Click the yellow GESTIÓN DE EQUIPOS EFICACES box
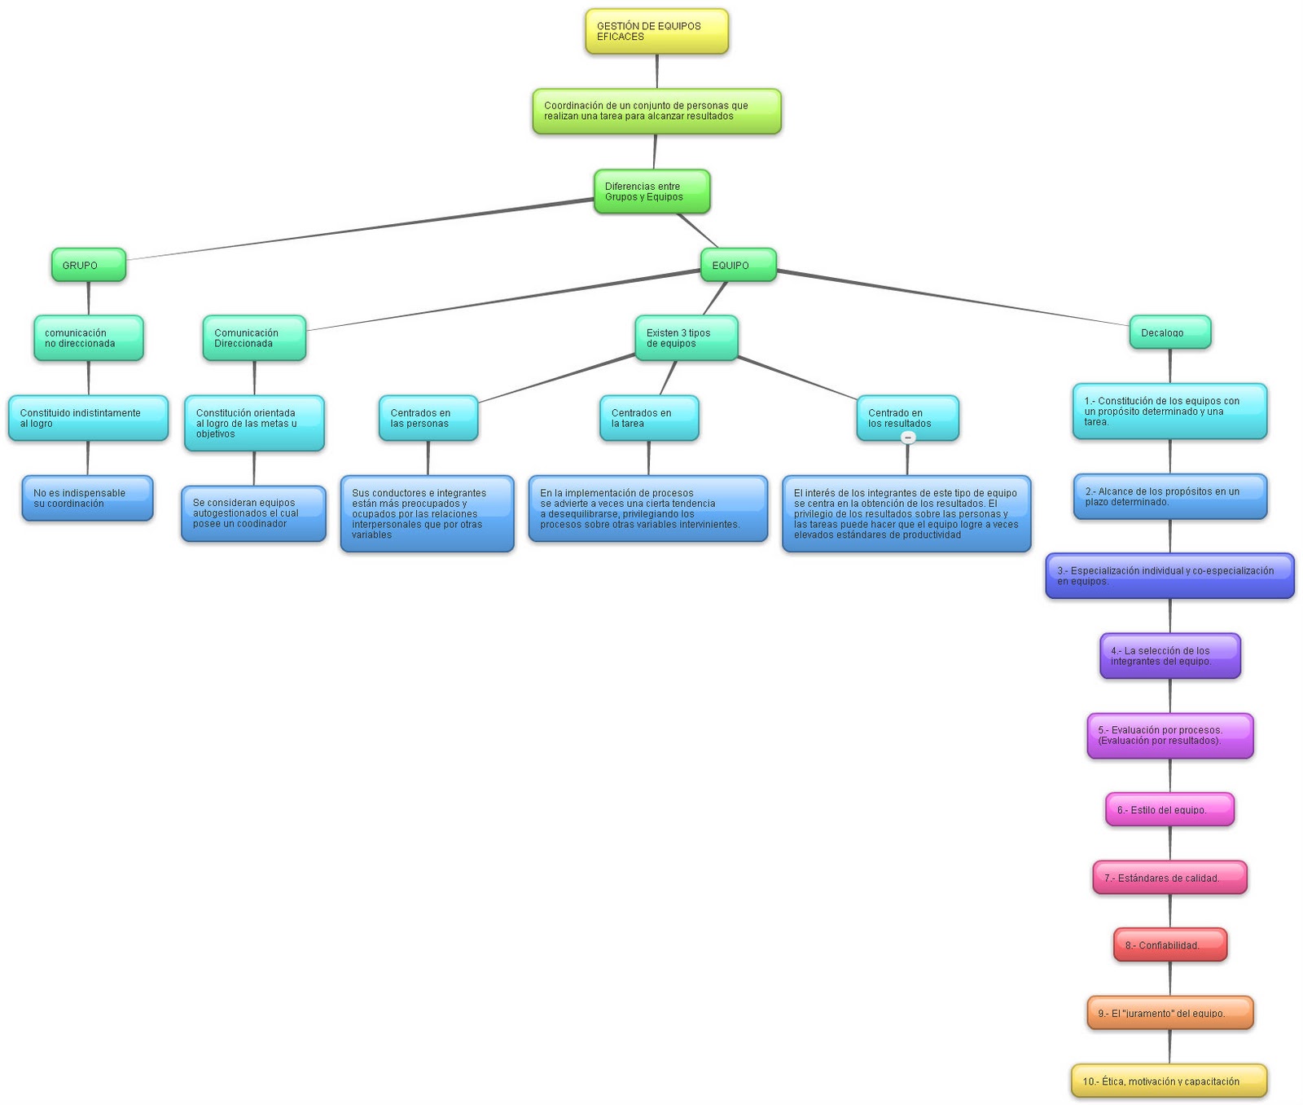pos(656,32)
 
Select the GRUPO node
pos(88,266)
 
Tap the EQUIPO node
pos(738,266)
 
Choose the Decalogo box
pos(1169,332)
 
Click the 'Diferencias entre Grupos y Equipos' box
pos(651,192)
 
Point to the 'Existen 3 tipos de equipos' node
pos(686,338)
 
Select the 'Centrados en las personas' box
pos(428,419)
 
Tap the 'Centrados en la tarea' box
pos(649,419)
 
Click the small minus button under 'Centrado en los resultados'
pos(908,438)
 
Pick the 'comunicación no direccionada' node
pos(88,338)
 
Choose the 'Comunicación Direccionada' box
pos(254,338)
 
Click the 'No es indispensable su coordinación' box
pos(87,499)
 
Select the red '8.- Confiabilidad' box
pos(1169,945)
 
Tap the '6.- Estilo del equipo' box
pos(1169,810)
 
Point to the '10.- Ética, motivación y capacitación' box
pos(1169,1081)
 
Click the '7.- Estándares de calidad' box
pos(1169,878)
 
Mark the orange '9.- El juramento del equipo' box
pos(1169,1013)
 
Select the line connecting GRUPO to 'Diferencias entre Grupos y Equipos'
pos(358,229)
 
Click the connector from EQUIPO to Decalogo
pos(953,298)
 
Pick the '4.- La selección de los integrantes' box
pos(1169,656)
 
